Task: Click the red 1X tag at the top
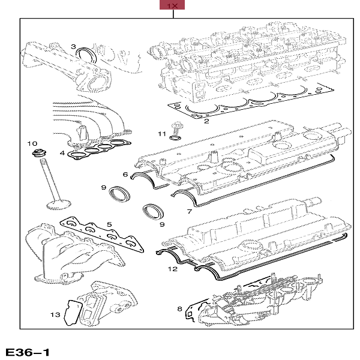point(172,5)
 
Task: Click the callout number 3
point(73,46)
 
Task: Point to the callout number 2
point(206,121)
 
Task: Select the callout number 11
point(161,133)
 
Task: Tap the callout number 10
point(34,144)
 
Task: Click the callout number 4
point(62,154)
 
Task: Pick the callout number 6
point(126,175)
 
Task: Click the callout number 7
point(189,211)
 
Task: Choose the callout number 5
point(109,225)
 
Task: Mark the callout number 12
point(173,269)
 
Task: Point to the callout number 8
point(179,308)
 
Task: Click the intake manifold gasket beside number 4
point(99,150)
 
